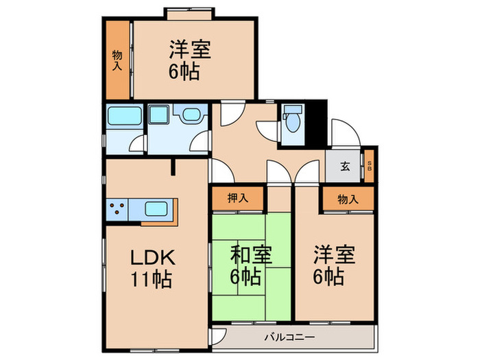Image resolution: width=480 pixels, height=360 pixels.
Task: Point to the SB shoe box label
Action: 370,165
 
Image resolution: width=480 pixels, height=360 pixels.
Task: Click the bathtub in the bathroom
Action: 123,117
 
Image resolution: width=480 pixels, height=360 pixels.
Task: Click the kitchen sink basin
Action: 156,207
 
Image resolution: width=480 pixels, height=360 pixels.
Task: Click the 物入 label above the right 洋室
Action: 348,199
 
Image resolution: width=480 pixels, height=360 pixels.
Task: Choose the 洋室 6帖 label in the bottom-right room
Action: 334,266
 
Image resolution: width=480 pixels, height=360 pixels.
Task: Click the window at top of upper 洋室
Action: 187,12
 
